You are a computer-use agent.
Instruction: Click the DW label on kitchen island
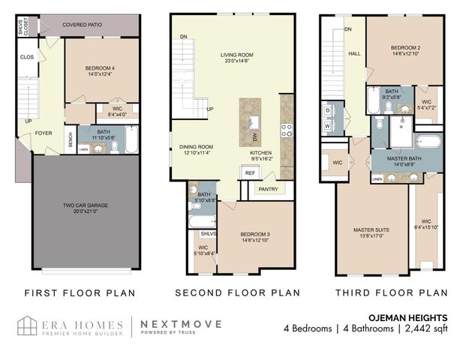point(255,137)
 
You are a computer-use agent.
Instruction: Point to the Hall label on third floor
point(354,54)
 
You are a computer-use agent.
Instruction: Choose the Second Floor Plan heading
point(237,292)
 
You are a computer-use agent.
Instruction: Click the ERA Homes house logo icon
point(29,326)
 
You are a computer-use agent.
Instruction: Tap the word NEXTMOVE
point(176,323)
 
